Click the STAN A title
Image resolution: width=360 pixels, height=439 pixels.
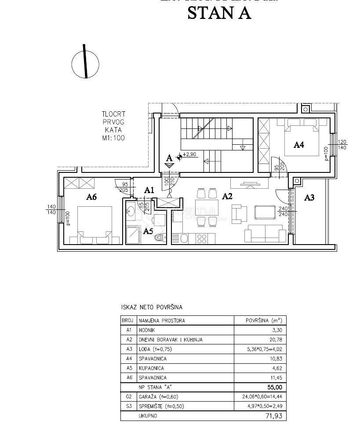pyautogui.click(x=219, y=13)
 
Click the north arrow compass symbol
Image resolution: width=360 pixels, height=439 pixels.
pyautogui.click(x=85, y=63)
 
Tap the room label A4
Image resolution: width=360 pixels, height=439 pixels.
pyautogui.click(x=299, y=145)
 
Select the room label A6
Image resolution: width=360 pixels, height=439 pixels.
pyautogui.click(x=91, y=197)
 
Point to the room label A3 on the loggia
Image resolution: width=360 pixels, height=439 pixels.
pyautogui.click(x=309, y=198)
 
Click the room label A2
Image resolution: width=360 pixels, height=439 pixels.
pyautogui.click(x=227, y=196)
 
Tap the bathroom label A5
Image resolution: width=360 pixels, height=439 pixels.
pyautogui.click(x=149, y=230)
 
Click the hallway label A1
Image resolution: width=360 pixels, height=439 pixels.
pyautogui.click(x=149, y=190)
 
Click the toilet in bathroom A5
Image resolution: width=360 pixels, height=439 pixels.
pyautogui.click(x=160, y=238)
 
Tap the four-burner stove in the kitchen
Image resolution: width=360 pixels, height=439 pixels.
pyautogui.click(x=202, y=238)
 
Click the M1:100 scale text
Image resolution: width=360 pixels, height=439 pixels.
pyautogui.click(x=113, y=138)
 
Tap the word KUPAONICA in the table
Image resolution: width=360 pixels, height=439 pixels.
pyautogui.click(x=152, y=368)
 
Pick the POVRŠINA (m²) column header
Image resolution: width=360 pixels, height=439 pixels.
pyautogui.click(x=264, y=321)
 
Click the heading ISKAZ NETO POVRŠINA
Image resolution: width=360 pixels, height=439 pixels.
pyautogui.click(x=151, y=307)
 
